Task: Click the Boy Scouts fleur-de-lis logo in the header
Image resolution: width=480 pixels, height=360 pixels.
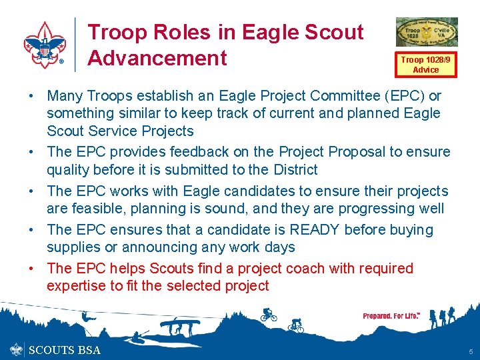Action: point(45,44)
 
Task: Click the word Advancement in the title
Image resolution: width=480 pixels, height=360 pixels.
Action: point(157,58)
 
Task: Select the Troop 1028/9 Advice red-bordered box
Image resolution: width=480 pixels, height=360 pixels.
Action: point(425,65)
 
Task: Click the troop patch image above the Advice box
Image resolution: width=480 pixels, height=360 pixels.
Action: point(427,33)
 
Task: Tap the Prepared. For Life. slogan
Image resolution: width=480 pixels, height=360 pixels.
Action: point(391,315)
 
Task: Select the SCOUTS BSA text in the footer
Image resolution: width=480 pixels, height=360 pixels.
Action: point(64,350)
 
